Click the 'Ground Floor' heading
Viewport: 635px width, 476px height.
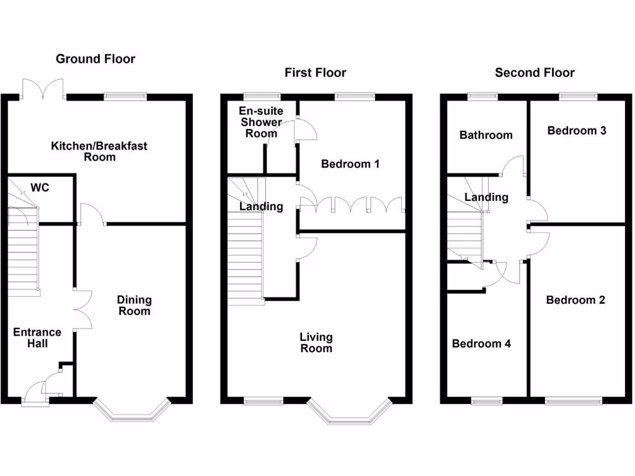[95, 59]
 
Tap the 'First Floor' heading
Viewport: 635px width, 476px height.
[315, 73]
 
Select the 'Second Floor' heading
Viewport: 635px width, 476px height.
[535, 73]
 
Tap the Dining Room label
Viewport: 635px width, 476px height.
[134, 306]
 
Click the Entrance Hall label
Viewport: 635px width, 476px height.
[37, 338]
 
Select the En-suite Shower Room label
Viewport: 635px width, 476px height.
[260, 122]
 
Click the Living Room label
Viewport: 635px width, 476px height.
[316, 343]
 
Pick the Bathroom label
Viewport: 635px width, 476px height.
[486, 135]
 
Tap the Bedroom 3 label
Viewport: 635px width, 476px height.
[576, 131]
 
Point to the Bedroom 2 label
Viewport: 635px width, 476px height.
[575, 300]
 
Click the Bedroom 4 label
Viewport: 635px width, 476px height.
[481, 344]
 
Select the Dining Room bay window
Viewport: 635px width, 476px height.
[131, 412]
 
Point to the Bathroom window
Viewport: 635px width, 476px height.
[482, 96]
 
